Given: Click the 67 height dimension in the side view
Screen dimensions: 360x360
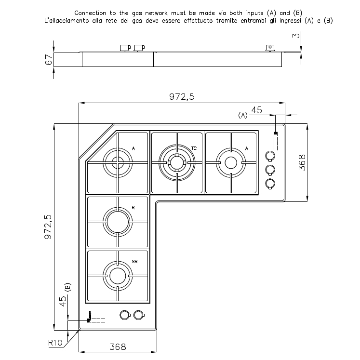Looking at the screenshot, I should coord(48,59).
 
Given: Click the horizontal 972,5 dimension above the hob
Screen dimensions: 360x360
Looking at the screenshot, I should coord(182,97).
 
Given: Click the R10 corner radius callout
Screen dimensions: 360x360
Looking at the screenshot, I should coord(56,343).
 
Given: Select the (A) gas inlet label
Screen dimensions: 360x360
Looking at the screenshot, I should coord(242,115).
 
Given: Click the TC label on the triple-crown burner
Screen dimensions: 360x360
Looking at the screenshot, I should coord(193,148).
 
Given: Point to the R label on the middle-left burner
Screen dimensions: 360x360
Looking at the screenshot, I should coord(133,207).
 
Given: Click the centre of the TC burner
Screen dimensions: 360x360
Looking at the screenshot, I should coord(176,162).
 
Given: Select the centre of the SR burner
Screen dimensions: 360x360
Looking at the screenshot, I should coord(117,276).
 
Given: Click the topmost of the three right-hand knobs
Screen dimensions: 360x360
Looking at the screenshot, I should coord(270,156).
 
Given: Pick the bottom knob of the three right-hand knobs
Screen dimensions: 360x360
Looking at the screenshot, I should coord(270,183).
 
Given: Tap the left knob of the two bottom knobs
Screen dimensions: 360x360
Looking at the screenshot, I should coord(124,315).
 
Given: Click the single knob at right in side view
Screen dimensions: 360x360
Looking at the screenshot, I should coord(270,47).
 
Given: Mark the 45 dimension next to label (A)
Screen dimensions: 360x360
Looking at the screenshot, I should coord(257,110).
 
